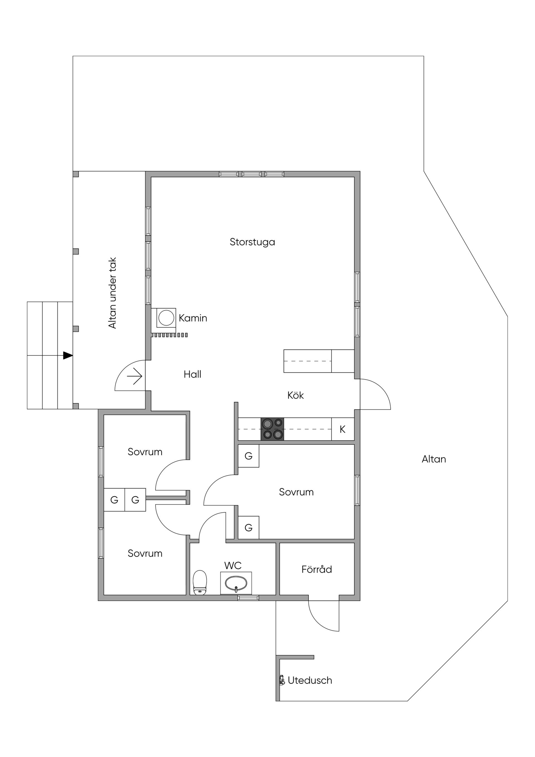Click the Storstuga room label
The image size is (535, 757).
point(252,242)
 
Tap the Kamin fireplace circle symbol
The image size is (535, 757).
point(166,318)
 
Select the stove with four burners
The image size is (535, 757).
point(272,429)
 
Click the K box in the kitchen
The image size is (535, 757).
point(343,429)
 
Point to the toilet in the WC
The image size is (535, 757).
point(200,583)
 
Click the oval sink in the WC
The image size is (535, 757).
point(236,584)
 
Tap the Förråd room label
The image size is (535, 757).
point(317,569)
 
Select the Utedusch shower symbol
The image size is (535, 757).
point(282,680)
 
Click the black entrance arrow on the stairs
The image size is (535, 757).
point(68,355)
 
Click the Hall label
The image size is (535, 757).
point(193,374)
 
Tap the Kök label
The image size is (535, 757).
point(295,395)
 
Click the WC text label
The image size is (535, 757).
point(233,566)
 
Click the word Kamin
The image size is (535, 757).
point(193,318)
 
